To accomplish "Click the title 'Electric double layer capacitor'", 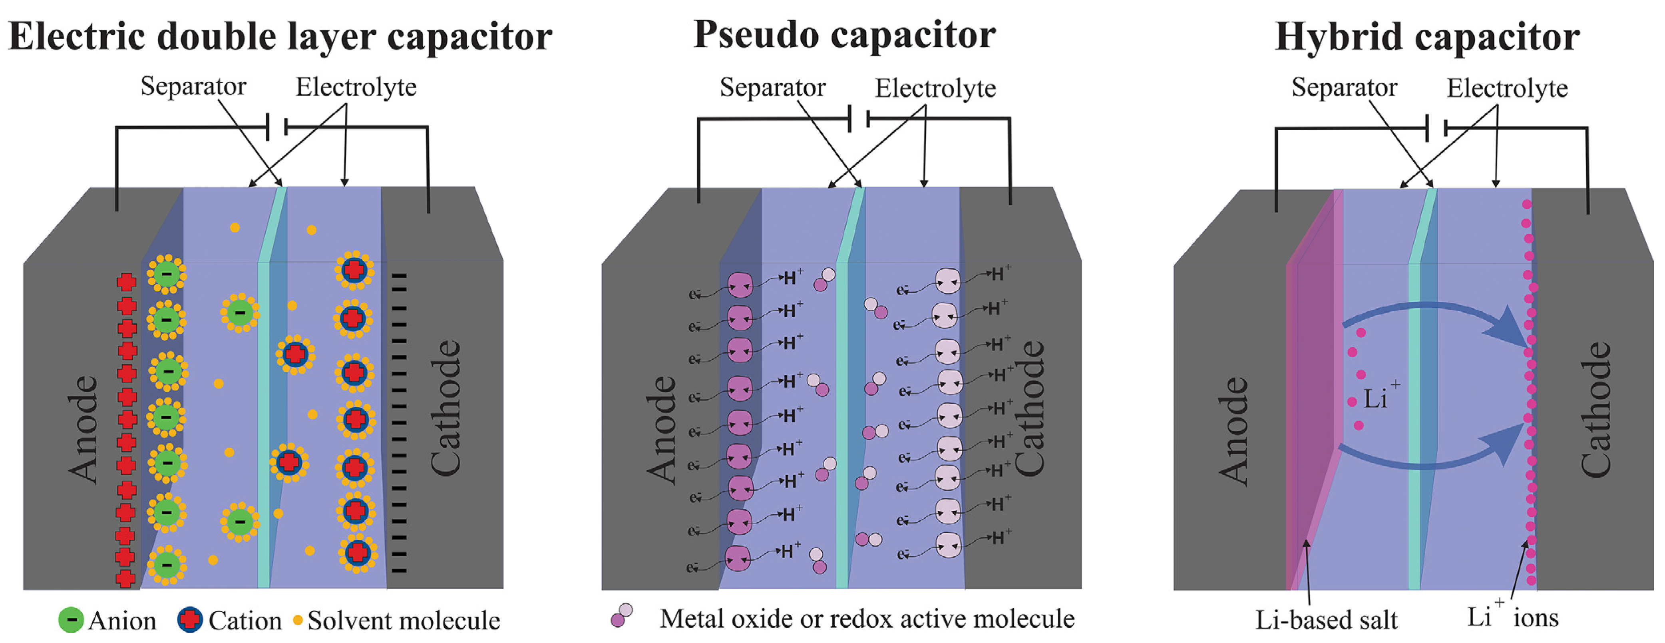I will [x=280, y=37].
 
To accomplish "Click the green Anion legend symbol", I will [x=70, y=620].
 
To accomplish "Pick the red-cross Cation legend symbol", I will [x=189, y=620].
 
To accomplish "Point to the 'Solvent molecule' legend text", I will [x=403, y=620].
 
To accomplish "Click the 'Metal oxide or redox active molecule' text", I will [x=866, y=619].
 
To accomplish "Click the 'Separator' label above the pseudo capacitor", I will [x=772, y=87].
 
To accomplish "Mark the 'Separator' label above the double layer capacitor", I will [x=193, y=86].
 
